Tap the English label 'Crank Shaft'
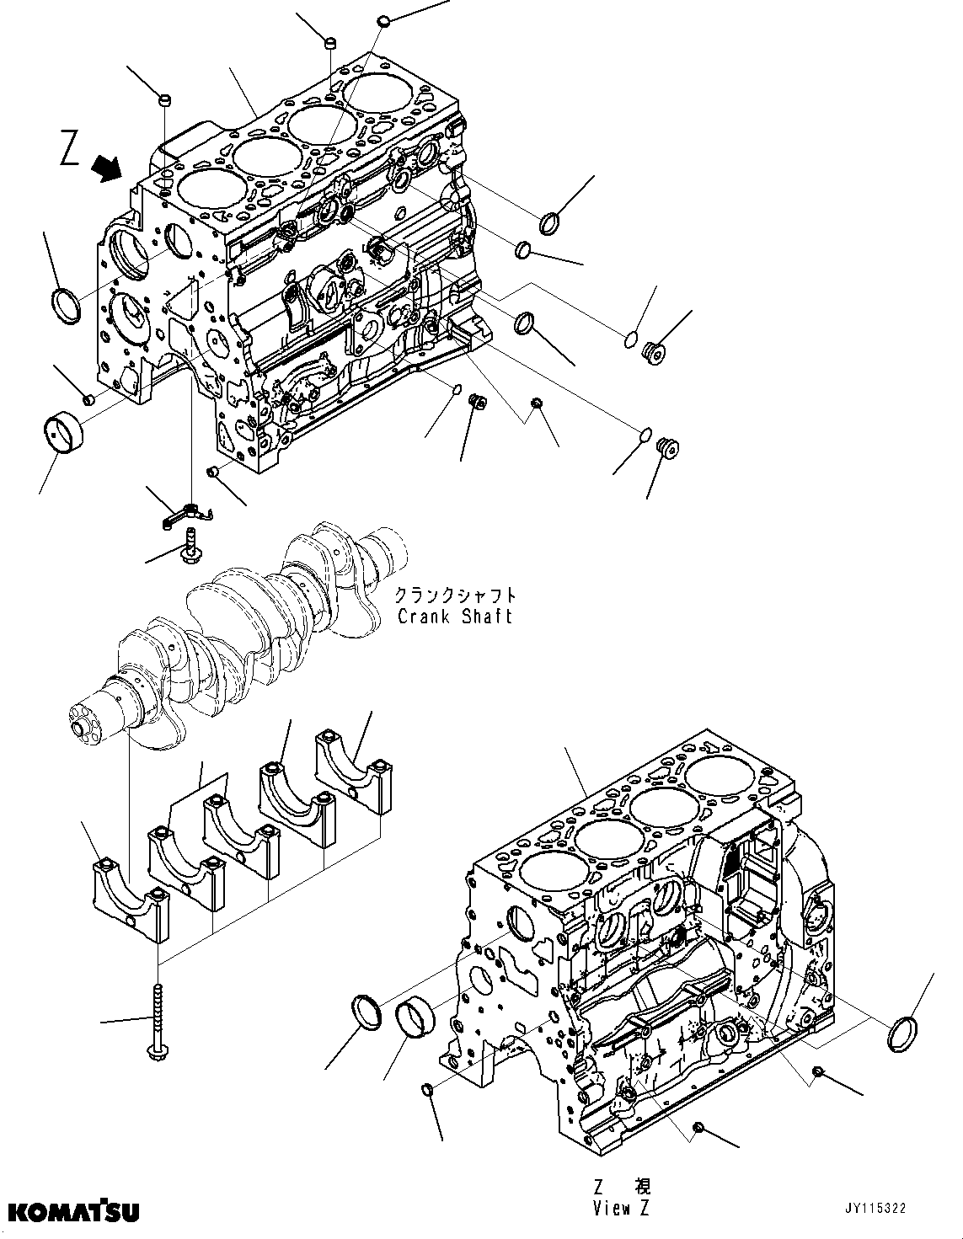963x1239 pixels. (x=455, y=616)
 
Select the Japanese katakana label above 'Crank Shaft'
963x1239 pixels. (x=455, y=595)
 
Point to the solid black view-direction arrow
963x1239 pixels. (x=106, y=168)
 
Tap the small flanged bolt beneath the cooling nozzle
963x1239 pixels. (x=190, y=545)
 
